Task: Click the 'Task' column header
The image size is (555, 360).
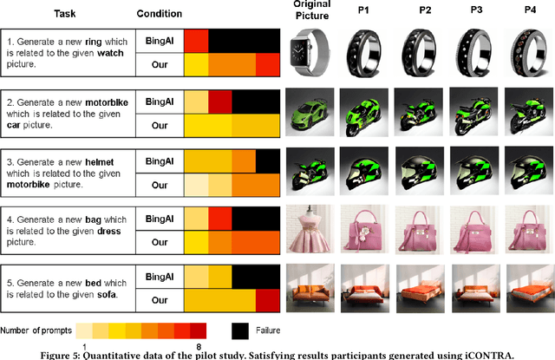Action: tap(65, 14)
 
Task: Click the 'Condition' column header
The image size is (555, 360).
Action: tap(160, 14)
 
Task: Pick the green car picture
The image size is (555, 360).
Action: tap(311, 112)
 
